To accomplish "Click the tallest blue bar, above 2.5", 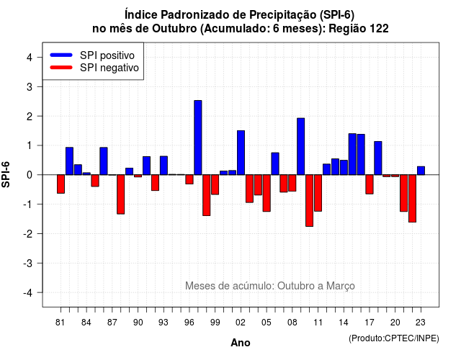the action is (198, 138).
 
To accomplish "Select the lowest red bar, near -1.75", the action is (309, 200).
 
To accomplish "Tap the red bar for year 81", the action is (61, 184).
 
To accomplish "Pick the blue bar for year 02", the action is (241, 153).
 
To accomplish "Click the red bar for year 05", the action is (267, 193).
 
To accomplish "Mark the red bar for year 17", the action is (370, 184).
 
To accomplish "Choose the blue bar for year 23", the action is (421, 171).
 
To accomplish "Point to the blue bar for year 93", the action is (164, 166).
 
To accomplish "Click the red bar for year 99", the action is (215, 184).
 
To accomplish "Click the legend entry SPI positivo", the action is (107, 55).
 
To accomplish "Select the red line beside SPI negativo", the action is (61, 68).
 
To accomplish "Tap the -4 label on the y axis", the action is (28, 293).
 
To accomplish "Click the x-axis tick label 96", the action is (189, 323).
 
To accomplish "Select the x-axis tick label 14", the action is (344, 323).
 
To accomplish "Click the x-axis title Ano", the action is (241, 343).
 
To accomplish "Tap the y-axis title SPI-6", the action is (6, 174).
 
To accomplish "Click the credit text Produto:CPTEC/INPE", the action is (394, 338).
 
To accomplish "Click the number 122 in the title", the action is (379, 29).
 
